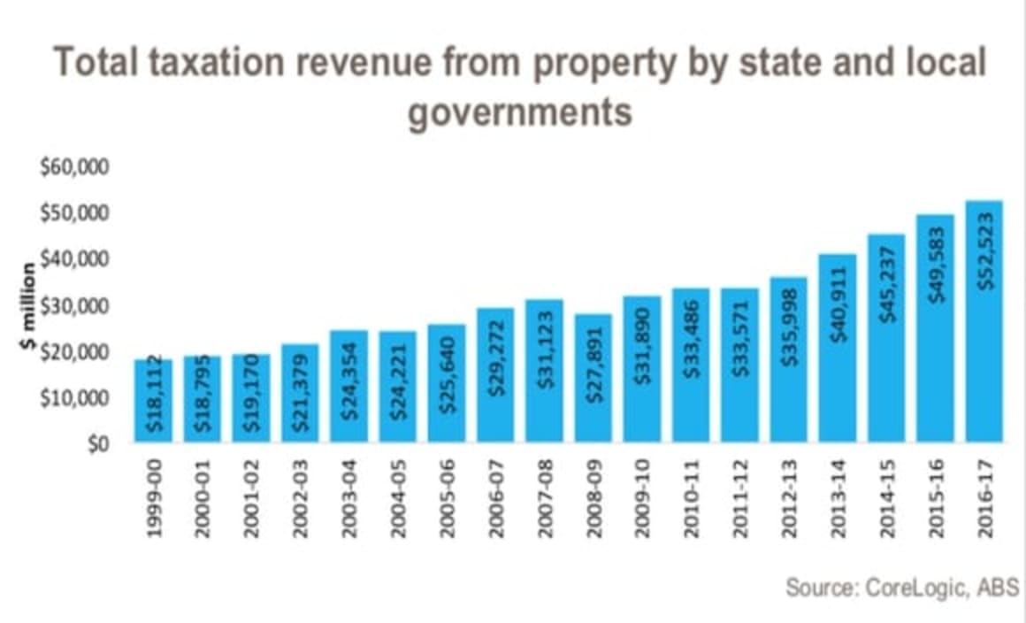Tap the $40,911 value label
[838, 311]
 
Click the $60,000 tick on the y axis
[74, 168]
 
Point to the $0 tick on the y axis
[96, 443]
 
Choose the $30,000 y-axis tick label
[74, 306]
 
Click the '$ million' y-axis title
[30, 305]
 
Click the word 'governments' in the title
[519, 112]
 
